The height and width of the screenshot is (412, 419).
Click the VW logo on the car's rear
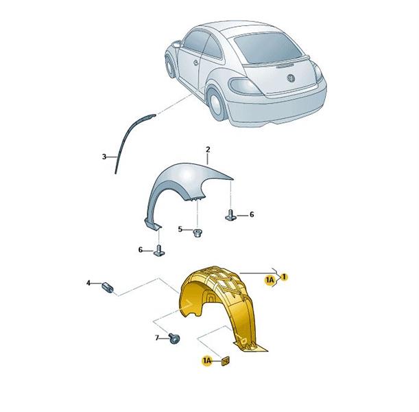tap(291, 78)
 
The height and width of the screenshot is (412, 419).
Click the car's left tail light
tap(246, 86)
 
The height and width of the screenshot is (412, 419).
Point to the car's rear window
tap(267, 48)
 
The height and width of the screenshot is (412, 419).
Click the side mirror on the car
tap(177, 44)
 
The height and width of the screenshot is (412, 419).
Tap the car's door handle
tap(195, 63)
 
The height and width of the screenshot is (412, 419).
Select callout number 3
tap(104, 157)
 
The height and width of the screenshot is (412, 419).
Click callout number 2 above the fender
tap(208, 150)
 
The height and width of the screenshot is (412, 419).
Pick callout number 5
tap(180, 229)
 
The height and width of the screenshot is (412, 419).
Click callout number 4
tap(88, 282)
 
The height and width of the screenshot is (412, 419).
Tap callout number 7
tap(157, 338)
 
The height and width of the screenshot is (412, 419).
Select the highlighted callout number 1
tap(284, 277)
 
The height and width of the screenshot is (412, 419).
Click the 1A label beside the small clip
tap(207, 361)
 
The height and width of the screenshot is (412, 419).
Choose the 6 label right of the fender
tap(252, 214)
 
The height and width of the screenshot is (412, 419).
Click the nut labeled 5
tap(197, 233)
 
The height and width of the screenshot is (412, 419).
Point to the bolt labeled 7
tap(174, 339)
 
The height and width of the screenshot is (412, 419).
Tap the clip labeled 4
tap(108, 288)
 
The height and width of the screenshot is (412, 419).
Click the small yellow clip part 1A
tap(226, 361)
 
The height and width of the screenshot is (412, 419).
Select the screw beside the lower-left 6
tap(159, 251)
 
